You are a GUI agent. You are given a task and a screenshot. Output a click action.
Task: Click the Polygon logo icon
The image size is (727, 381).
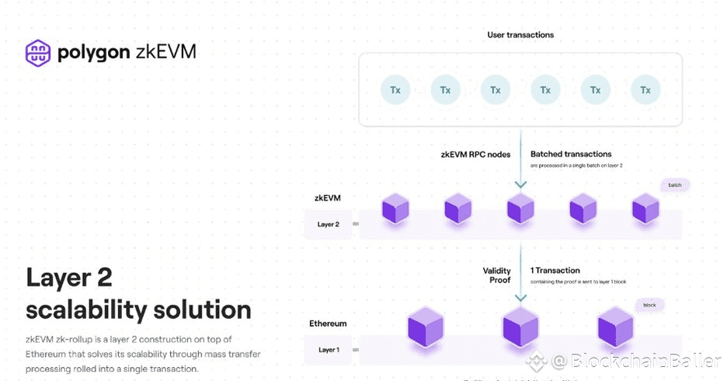[38, 52]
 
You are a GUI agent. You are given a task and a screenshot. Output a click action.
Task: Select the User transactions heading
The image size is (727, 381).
[520, 35]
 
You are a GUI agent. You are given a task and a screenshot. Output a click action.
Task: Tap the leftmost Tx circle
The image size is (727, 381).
[395, 90]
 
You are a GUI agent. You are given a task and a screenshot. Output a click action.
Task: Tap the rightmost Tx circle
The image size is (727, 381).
[645, 90]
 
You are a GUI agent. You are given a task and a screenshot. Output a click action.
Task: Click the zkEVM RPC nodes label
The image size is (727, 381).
[476, 155]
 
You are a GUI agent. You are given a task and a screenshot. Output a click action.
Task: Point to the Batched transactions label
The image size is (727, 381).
[571, 155]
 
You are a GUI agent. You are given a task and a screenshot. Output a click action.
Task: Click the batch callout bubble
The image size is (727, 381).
[675, 185]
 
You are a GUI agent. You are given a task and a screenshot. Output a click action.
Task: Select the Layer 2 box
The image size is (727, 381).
[329, 224]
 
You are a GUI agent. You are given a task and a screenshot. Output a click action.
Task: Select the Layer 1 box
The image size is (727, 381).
[329, 350]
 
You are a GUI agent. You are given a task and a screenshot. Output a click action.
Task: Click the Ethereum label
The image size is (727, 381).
[329, 323]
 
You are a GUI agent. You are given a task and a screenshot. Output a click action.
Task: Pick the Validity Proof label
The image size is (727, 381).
[497, 275]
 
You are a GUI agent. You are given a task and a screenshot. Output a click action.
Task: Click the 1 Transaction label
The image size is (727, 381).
[555, 271]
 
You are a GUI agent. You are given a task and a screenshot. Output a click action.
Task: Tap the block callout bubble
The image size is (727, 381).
[649, 305]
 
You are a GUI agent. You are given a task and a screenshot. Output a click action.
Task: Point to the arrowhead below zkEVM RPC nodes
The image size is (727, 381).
[520, 185]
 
